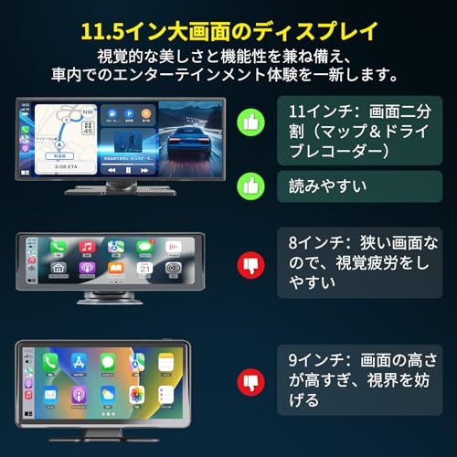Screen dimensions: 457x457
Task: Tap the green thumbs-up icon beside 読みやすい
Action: (250, 186)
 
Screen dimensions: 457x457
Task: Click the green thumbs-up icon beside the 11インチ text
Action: (250, 122)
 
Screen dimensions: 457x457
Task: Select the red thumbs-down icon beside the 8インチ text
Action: (250, 266)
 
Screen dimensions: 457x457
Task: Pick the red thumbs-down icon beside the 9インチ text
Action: (250, 378)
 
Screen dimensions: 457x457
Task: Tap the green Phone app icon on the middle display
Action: (58, 248)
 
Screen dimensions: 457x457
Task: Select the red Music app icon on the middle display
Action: (87, 248)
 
